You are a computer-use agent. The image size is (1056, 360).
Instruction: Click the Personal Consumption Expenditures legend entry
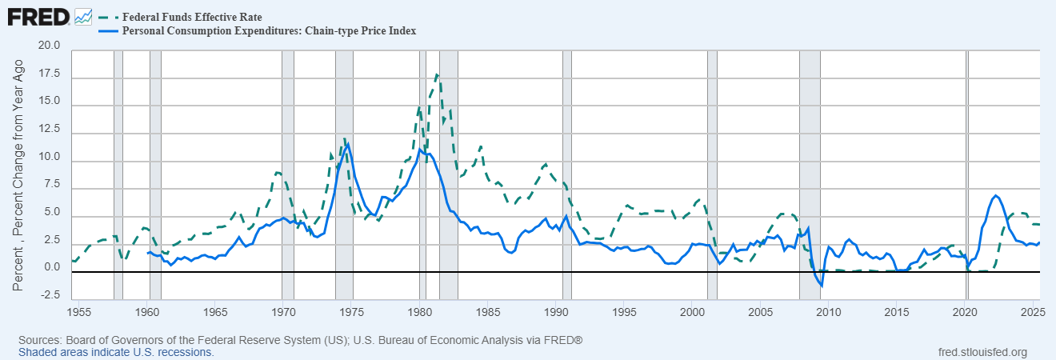(x=268, y=30)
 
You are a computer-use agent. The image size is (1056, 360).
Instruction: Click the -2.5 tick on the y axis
(x=52, y=295)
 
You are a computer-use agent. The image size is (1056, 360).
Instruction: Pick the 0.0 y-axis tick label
(x=54, y=267)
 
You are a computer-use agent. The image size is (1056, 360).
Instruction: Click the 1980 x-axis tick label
(x=420, y=310)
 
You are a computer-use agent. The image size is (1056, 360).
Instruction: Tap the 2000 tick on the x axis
(x=692, y=310)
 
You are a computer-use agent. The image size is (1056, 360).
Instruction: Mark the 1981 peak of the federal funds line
(x=437, y=74)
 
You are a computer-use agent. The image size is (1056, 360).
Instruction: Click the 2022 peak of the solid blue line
(x=995, y=195)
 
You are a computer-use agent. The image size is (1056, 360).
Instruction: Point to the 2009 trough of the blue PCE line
(x=822, y=286)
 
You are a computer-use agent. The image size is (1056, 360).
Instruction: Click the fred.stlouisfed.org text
(x=982, y=352)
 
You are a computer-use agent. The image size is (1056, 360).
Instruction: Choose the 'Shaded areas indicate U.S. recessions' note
(x=116, y=352)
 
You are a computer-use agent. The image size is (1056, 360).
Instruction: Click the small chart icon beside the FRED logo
(x=83, y=16)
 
